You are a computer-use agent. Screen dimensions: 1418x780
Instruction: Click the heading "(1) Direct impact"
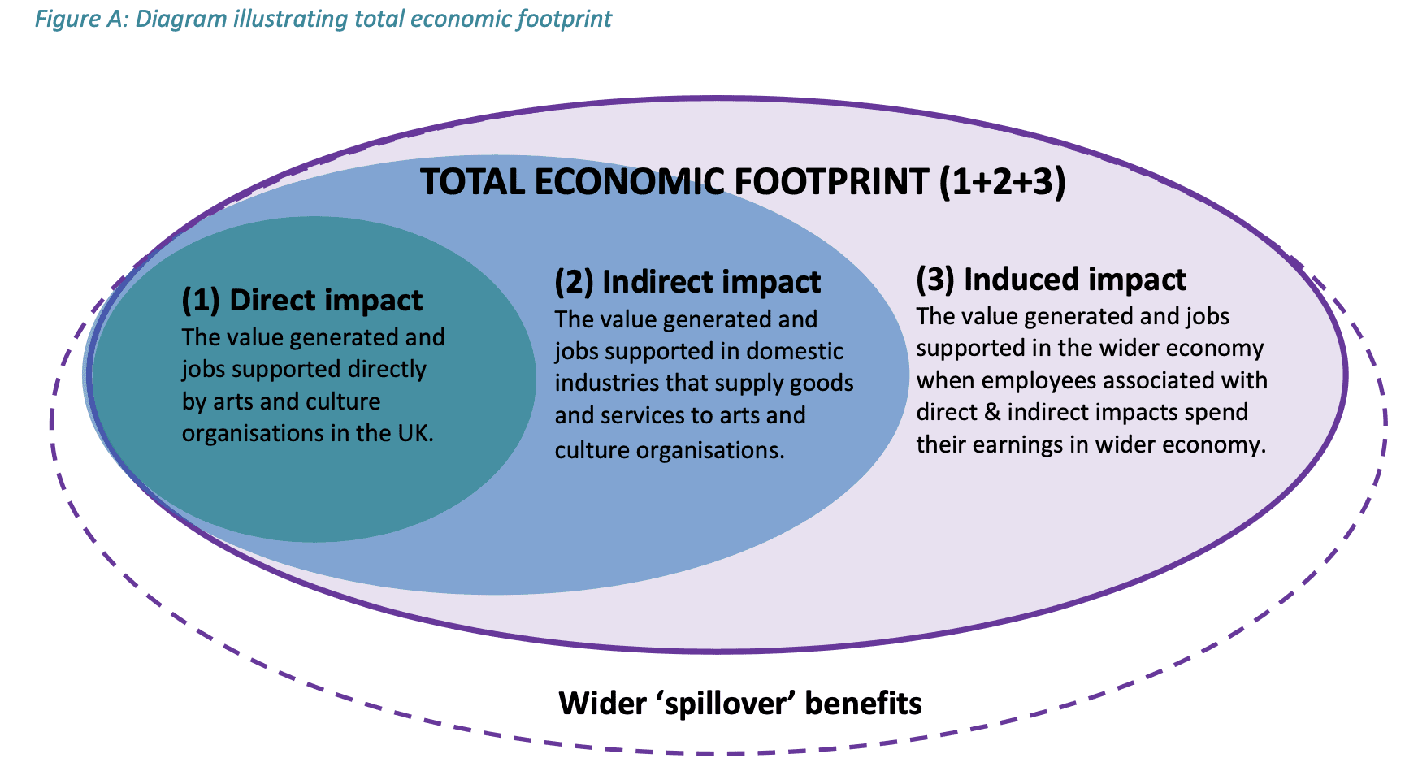pos(302,301)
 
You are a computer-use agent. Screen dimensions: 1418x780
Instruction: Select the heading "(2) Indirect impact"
pos(687,282)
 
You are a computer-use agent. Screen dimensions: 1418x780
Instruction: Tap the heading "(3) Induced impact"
pos(1052,279)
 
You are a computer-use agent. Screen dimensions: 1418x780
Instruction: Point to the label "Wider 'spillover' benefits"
pos(740,703)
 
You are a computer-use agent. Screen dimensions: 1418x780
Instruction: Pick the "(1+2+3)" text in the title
pos(1002,181)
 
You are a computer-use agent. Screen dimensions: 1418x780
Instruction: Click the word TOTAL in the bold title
pos(473,181)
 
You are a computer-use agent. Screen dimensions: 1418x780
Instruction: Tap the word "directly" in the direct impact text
pos(387,370)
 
